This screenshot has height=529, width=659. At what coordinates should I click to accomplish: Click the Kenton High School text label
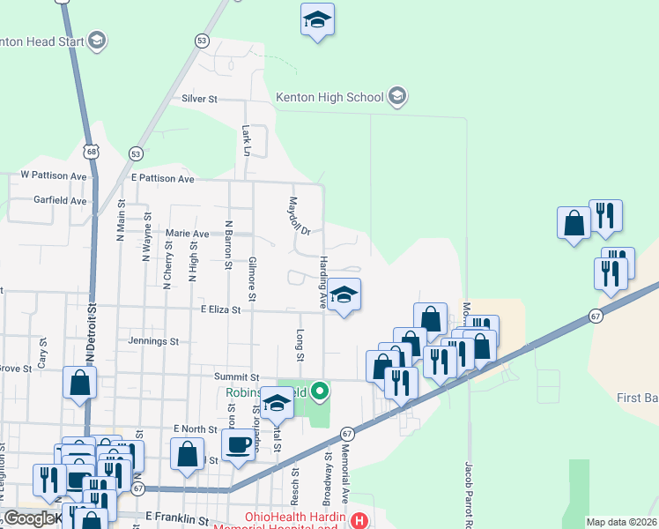click(x=329, y=97)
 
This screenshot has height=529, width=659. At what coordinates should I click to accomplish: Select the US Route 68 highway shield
click(x=93, y=152)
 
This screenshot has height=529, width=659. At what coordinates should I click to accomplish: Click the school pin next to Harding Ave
click(x=344, y=294)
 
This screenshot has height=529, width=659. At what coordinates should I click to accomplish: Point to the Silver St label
click(x=199, y=100)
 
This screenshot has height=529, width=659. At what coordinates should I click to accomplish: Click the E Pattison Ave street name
click(x=162, y=178)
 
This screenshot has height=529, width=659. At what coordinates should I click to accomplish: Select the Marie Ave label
click(x=188, y=234)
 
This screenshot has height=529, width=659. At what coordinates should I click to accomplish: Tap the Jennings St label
click(x=153, y=340)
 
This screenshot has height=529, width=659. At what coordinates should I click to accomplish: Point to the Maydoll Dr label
click(x=300, y=216)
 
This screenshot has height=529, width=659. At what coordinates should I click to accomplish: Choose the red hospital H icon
click(x=359, y=520)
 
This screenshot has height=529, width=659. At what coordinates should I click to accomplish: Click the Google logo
click(x=30, y=518)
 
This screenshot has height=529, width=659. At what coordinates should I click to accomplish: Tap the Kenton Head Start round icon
click(x=97, y=40)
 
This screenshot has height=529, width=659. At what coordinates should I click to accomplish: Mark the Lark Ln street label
click(x=246, y=139)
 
